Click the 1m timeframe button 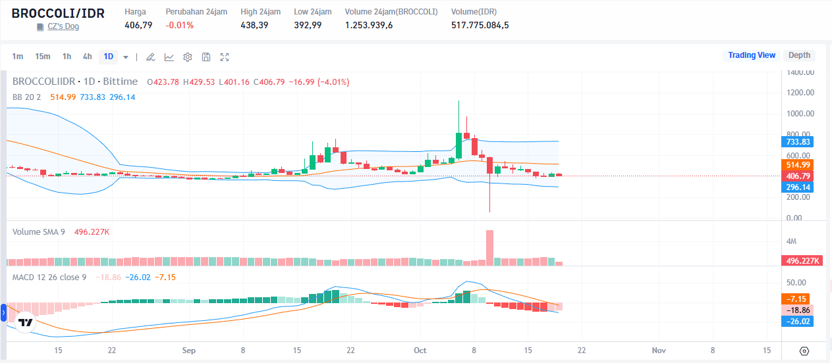click(x=18, y=57)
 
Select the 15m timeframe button click(x=43, y=57)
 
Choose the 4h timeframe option click(x=87, y=57)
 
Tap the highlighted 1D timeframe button click(x=109, y=57)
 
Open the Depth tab click(x=799, y=55)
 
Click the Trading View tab click(x=752, y=55)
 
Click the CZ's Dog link click(x=63, y=27)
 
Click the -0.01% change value click(x=180, y=25)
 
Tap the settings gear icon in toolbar click(x=188, y=57)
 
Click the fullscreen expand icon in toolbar click(x=225, y=57)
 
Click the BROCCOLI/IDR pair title click(x=58, y=13)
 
